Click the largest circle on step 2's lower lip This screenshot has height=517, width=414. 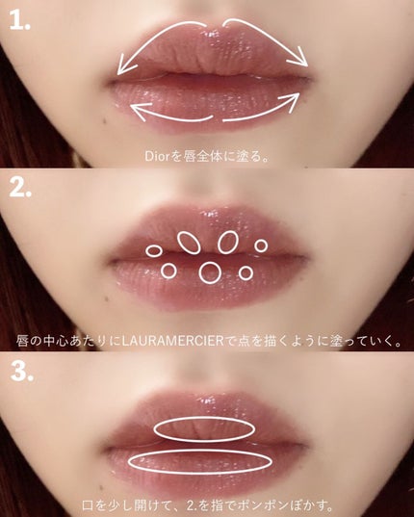click(209, 273)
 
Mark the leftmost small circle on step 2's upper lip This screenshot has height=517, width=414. click(154, 250)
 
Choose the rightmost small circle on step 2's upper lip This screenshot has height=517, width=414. click(261, 246)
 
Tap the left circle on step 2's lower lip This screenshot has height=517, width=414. click(168, 271)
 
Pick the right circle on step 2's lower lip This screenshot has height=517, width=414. click(246, 272)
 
